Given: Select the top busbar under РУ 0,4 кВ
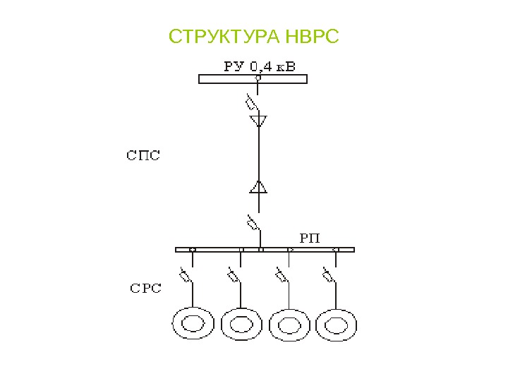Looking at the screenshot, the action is [253, 79].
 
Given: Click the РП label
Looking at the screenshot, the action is [310, 237].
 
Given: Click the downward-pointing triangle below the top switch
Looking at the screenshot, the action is [259, 121].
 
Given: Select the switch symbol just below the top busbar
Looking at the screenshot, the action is [252, 102].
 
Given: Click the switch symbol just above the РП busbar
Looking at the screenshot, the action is [252, 224].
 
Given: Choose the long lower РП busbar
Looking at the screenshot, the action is [265, 249].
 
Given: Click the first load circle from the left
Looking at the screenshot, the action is [193, 325].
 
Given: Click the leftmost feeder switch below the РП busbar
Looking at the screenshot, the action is [187, 275].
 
